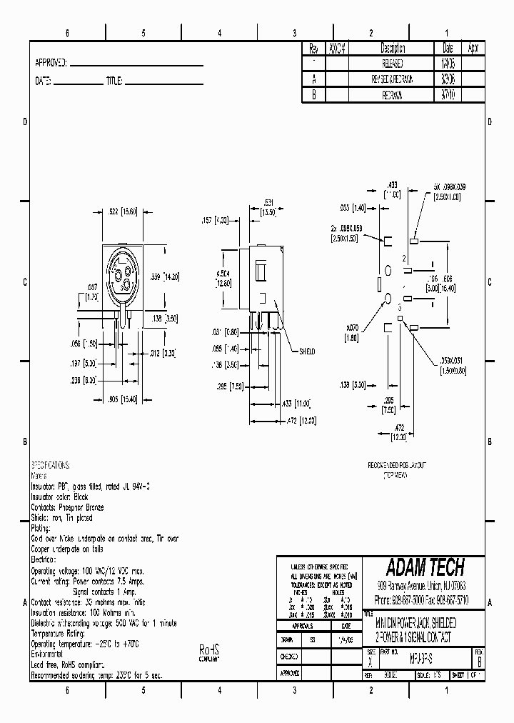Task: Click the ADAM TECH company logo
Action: point(425,567)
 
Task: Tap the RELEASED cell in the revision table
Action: point(393,64)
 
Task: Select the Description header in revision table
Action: point(393,49)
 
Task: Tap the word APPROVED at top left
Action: point(50,63)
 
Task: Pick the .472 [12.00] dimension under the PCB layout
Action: point(400,431)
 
